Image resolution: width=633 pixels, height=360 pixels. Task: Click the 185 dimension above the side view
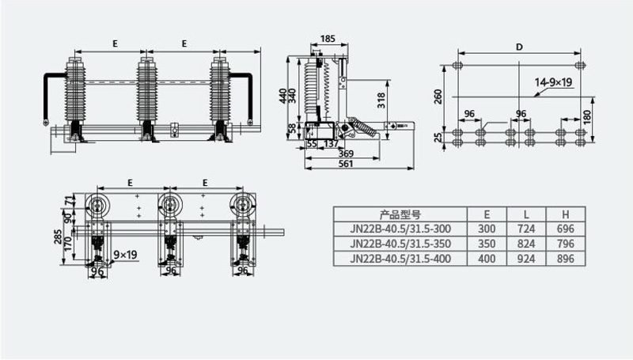pos(328,39)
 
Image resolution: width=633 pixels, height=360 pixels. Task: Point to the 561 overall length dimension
pos(346,164)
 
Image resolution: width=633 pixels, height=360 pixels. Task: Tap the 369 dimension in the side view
pos(346,153)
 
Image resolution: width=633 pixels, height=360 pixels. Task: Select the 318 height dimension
pos(381,100)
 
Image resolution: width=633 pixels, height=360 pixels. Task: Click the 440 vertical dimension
pos(283,96)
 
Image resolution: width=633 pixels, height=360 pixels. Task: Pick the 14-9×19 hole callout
pos(553,82)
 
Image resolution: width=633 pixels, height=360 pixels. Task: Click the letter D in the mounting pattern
pos(519,47)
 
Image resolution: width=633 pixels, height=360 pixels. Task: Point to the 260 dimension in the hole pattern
pos(438,97)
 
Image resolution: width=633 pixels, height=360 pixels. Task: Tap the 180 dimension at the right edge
pos(587,117)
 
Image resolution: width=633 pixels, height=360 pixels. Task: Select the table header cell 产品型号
pos(400,214)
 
